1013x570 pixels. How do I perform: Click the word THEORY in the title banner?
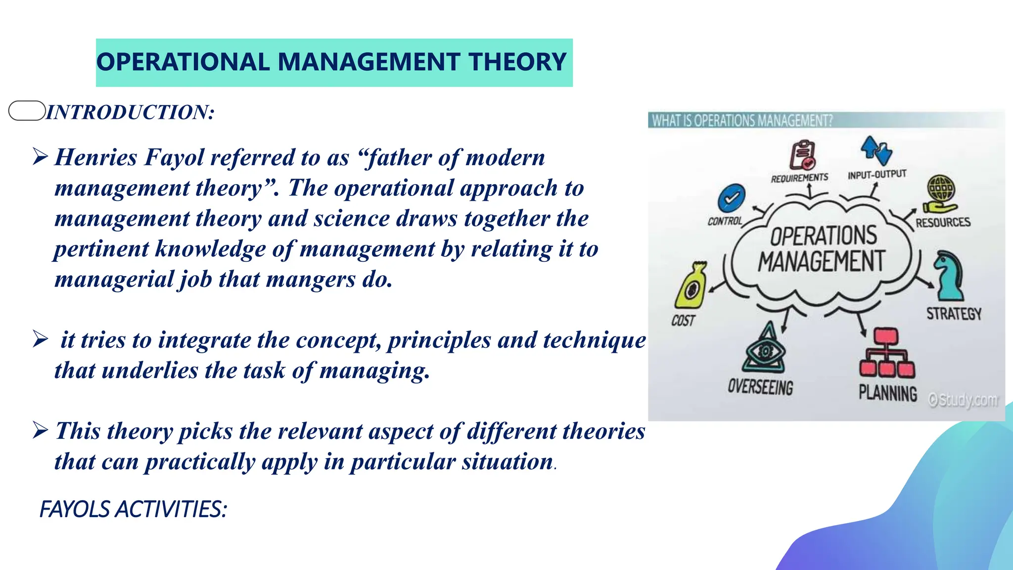(x=517, y=62)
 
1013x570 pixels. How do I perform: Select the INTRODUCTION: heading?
(x=130, y=112)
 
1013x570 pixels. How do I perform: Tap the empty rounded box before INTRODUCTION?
(x=27, y=110)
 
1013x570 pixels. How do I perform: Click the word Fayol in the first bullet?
(x=174, y=158)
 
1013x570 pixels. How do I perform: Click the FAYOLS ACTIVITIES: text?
(x=133, y=509)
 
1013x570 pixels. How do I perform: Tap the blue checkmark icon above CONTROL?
(x=731, y=198)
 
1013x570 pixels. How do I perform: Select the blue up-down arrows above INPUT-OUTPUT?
(x=876, y=150)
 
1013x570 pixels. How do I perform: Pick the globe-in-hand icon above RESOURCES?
(x=940, y=194)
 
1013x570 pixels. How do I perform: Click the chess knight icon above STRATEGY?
(x=949, y=276)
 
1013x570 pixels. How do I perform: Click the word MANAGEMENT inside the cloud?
(x=822, y=262)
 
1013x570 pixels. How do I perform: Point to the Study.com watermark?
(x=963, y=399)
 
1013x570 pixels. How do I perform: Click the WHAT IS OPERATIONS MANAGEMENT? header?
(x=742, y=120)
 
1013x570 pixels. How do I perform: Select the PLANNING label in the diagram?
(x=888, y=393)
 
